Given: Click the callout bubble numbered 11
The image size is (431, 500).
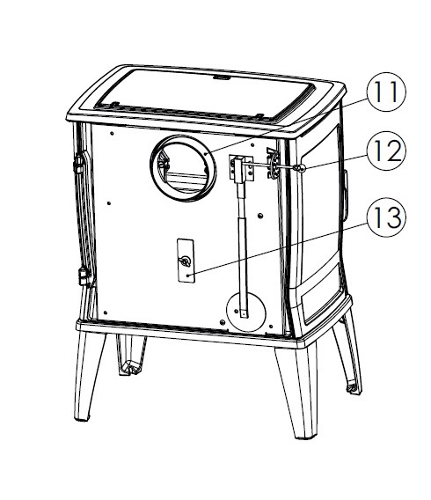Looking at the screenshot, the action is [386, 92].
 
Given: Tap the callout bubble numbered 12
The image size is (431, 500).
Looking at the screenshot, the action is [386, 151].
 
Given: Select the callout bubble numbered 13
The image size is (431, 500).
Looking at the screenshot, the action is [386, 217].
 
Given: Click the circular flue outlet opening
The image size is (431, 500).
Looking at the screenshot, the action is [183, 168].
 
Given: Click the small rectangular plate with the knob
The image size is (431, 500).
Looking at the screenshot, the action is [186, 261].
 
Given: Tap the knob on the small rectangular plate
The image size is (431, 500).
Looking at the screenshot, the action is [185, 261].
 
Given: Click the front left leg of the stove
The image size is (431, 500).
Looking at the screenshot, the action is [88, 375].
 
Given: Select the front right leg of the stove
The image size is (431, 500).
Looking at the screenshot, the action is [298, 391].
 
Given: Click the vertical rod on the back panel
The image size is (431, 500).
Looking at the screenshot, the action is [243, 249].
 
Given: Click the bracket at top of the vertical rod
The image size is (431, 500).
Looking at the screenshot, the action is [241, 168].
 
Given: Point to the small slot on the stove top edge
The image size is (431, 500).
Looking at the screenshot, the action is [222, 77].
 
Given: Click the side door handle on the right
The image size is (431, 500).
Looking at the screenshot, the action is [346, 195].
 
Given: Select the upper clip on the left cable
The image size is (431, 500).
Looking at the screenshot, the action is [78, 163].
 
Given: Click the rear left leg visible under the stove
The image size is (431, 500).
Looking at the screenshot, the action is [130, 355].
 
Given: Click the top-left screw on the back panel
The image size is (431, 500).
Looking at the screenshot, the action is [112, 133].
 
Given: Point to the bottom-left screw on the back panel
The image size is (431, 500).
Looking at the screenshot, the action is [106, 312].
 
